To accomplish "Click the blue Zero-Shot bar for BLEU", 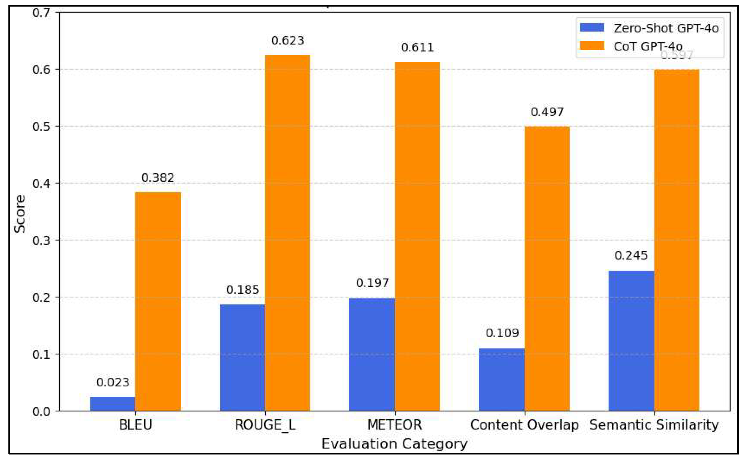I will click(113, 404).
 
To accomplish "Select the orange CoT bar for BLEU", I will click(158, 301).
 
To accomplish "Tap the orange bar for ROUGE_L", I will click(287, 233).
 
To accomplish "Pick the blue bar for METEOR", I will click(372, 354).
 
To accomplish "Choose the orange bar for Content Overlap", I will click(547, 268).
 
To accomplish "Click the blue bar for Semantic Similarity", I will click(631, 341).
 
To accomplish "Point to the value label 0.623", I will click(288, 40).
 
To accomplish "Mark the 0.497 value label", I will click(547, 112).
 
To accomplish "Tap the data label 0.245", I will click(631, 255).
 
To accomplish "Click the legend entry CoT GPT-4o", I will click(648, 46).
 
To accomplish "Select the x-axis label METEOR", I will click(394, 425).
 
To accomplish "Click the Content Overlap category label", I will click(524, 425).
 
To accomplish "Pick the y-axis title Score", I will click(20, 214).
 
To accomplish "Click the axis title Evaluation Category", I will click(394, 444).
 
